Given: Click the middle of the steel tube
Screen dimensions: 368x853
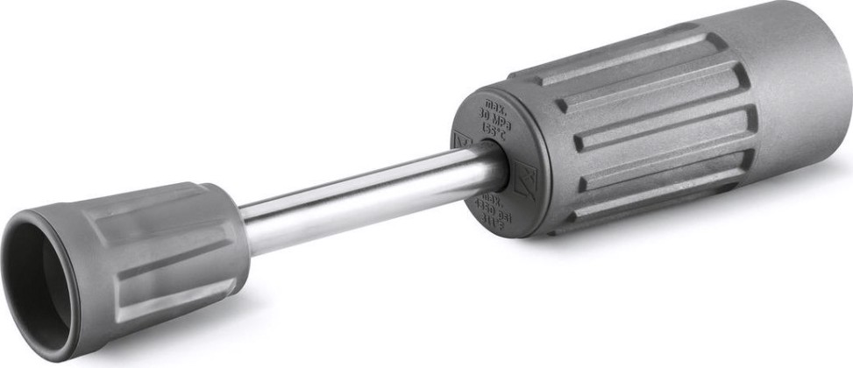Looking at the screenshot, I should (x=368, y=191).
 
